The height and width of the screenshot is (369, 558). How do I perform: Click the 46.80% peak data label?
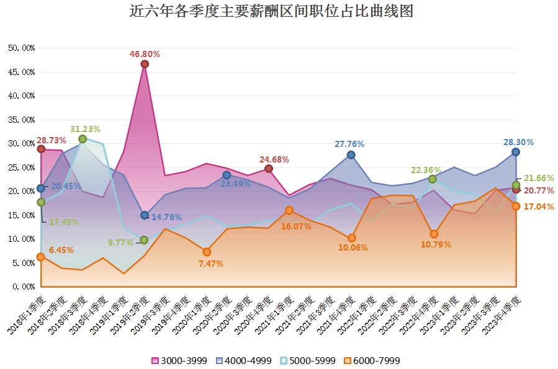(145, 54)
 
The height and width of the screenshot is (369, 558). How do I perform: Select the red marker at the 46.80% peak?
(145, 64)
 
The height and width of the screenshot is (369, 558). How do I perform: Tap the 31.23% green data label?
(86, 129)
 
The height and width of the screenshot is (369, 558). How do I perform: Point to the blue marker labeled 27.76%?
(351, 154)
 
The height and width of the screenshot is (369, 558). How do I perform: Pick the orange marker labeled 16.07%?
(289, 210)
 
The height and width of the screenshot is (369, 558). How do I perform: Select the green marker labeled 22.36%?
(434, 179)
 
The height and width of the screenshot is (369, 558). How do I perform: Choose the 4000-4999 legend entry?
(246, 360)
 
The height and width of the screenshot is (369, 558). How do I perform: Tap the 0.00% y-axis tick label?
(23, 287)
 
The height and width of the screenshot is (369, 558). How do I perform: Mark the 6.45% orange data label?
(61, 250)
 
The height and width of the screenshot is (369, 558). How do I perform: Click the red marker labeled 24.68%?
(269, 169)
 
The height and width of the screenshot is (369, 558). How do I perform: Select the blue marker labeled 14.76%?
(145, 215)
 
